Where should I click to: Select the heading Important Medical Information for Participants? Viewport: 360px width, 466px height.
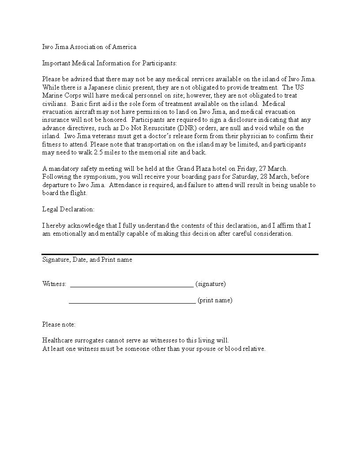pyautogui.click(x=109, y=63)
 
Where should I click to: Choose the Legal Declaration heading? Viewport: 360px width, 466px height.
pyautogui.click(x=68, y=209)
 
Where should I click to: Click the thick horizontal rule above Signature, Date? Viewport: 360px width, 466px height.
pyautogui.click(x=180, y=254)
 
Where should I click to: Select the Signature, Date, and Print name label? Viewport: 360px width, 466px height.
pyautogui.click(x=87, y=259)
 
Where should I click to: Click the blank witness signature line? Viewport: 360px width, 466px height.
pyautogui.click(x=131, y=286)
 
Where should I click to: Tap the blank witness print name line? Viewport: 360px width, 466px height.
pyautogui.click(x=132, y=303)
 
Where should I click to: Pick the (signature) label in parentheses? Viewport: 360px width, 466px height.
pyautogui.click(x=210, y=284)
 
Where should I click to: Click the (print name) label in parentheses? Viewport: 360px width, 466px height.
pyautogui.click(x=215, y=300)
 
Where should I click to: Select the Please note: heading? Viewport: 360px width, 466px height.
pyautogui.click(x=59, y=324)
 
